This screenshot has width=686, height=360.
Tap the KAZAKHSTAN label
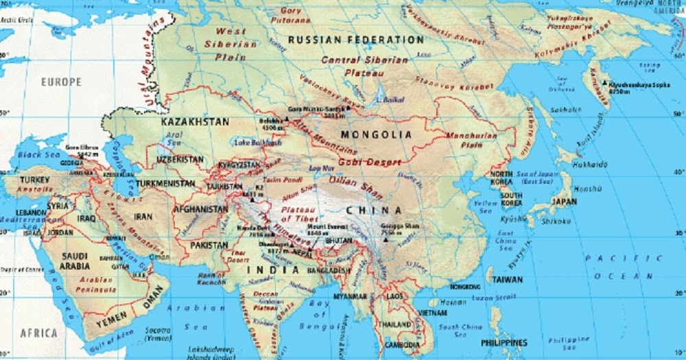point(194,121)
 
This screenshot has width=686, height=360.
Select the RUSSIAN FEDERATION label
point(355,40)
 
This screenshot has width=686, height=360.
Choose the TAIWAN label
point(507,280)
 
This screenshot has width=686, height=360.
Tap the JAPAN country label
point(564,202)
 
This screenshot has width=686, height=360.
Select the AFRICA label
point(38,333)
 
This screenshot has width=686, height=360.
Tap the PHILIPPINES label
point(504,342)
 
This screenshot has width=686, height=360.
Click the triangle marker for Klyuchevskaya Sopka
point(605,84)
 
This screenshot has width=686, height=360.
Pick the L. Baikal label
point(389,99)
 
